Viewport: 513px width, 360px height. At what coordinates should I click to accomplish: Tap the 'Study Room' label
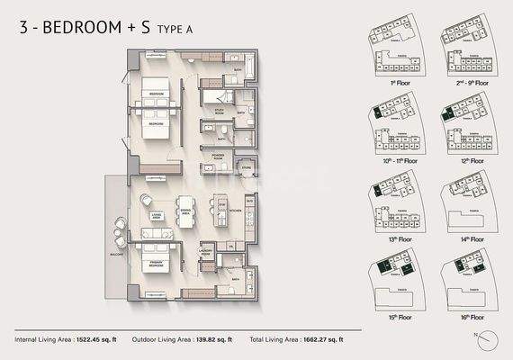(217, 112)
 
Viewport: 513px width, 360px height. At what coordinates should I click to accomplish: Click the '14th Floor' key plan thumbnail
(467, 205)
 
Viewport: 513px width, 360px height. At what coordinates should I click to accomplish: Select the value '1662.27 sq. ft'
(321, 339)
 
